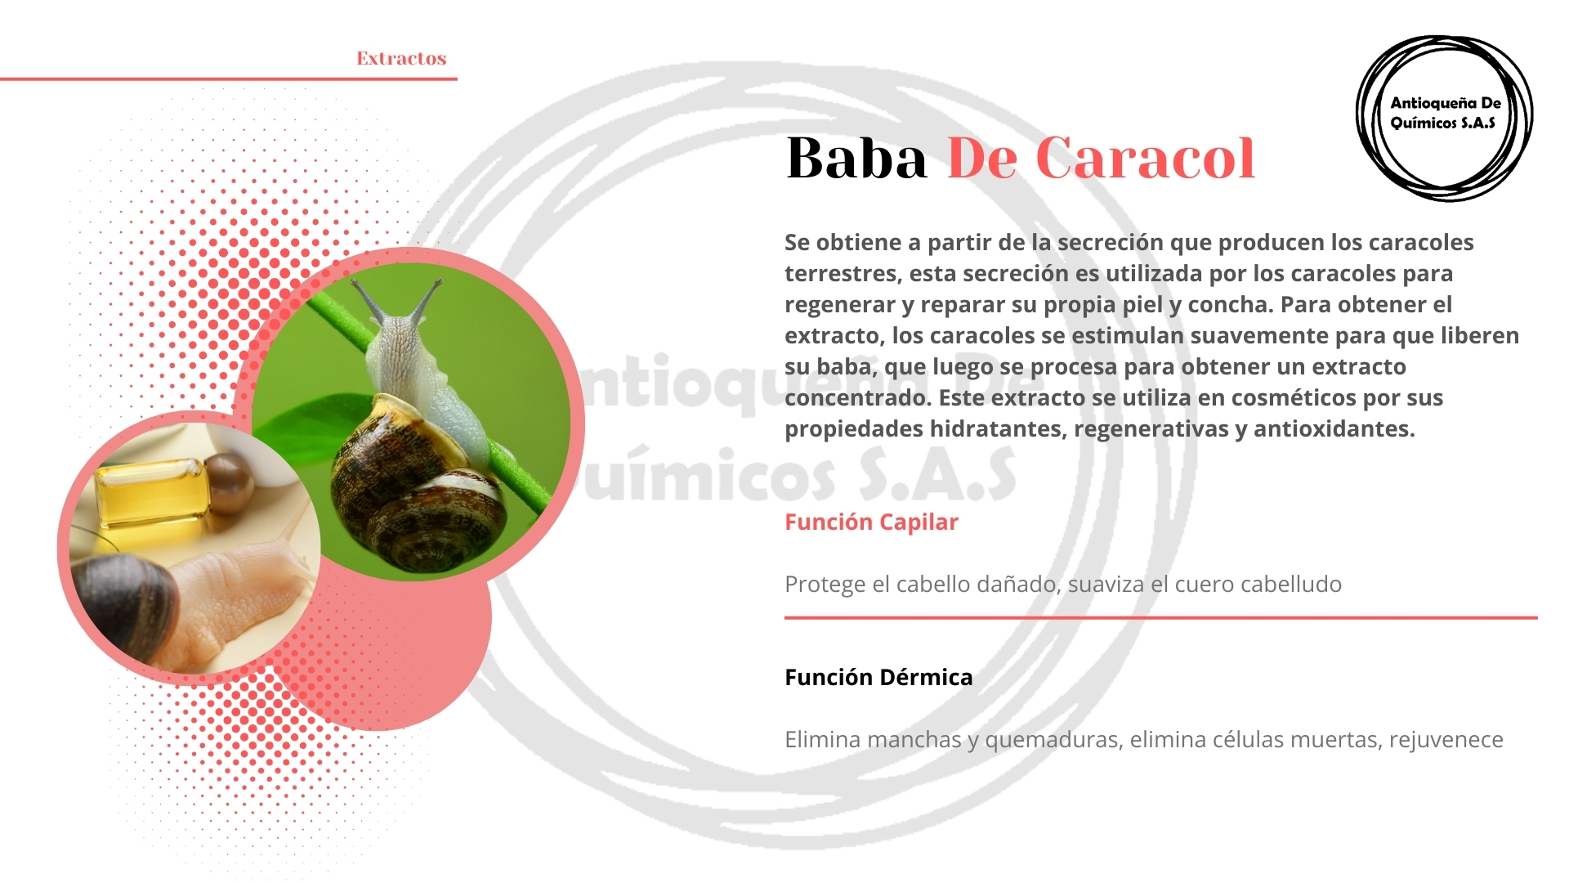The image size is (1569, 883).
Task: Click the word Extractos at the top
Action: [x=401, y=58]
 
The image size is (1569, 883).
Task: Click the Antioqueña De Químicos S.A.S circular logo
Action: [x=1444, y=119]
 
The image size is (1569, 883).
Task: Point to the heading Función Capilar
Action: [x=871, y=522]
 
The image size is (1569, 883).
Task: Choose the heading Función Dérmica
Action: [x=878, y=677]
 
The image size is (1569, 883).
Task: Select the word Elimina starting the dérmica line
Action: [x=823, y=739]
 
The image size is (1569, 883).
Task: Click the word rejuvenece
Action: [x=1446, y=740]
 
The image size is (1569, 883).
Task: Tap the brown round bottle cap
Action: [x=228, y=483]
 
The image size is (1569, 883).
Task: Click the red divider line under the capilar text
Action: [x=1160, y=618]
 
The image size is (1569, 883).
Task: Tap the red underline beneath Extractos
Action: [x=229, y=79]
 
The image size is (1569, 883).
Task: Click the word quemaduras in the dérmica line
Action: [x=1053, y=740]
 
